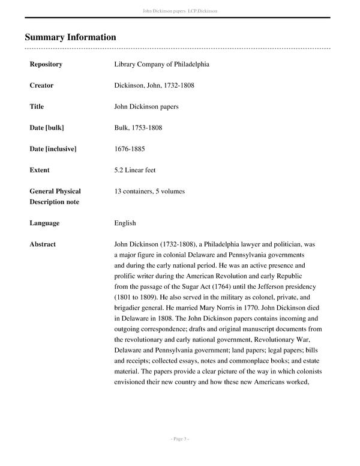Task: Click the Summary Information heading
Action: [70, 37]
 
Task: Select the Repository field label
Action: [46, 64]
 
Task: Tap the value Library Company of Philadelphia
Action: [161, 64]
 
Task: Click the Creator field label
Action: [41, 85]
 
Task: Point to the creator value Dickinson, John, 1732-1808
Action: [154, 85]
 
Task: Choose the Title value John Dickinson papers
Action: [146, 107]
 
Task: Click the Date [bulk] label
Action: [47, 128]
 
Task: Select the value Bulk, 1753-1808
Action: [138, 128]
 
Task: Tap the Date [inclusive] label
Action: [53, 149]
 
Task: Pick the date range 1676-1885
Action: [130, 149]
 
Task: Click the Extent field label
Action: [40, 170]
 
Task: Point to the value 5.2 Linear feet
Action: [135, 170]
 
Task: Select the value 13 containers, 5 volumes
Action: [149, 192]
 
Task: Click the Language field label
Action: [44, 223]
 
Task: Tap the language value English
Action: [125, 223]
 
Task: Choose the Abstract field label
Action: [43, 244]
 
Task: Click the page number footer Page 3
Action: [180, 439]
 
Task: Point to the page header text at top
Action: [180, 11]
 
